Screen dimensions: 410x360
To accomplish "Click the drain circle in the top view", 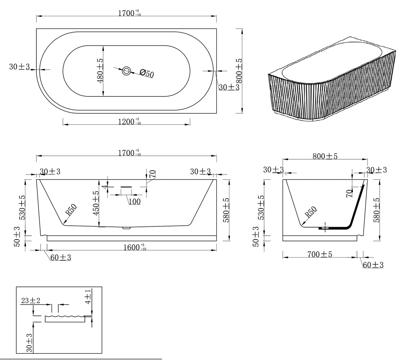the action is [x=127, y=71].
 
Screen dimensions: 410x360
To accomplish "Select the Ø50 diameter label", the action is [x=147, y=73].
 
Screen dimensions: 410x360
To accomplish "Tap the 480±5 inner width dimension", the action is [x=100, y=71].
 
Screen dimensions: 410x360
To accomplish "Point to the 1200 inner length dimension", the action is [x=129, y=122].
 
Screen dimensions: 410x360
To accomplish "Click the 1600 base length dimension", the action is [x=135, y=247].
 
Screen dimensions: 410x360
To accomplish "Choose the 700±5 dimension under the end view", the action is [x=320, y=254].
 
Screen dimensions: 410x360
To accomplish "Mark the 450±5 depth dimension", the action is [x=96, y=203].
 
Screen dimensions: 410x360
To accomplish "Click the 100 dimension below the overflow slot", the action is [x=134, y=201].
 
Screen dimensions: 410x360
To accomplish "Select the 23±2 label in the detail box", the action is [x=31, y=301].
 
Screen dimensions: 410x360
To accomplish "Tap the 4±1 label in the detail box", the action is [x=88, y=296].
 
